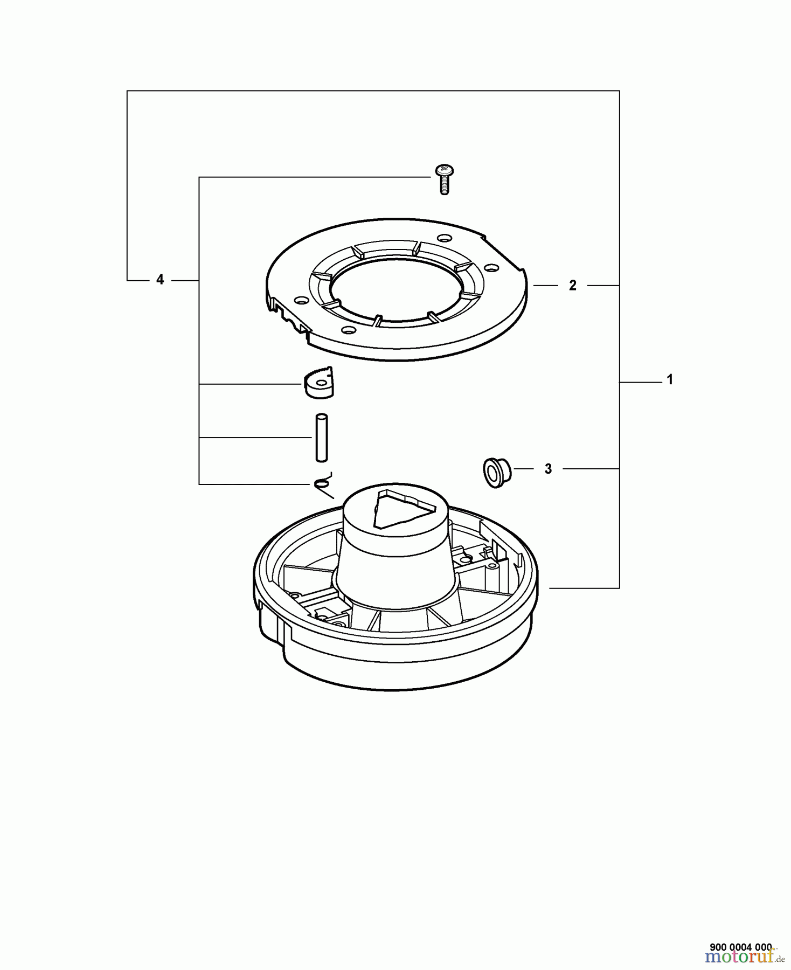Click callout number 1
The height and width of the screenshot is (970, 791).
pos(670,380)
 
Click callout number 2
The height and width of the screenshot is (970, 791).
pos(572,286)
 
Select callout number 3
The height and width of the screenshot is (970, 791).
pos(548,469)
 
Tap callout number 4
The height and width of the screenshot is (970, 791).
pos(159,280)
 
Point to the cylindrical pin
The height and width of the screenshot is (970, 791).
pos(321,437)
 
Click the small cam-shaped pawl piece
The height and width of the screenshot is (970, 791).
pos(318,383)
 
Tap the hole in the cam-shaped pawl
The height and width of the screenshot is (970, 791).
pos(322,383)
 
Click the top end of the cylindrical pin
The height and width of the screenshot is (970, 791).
pos(322,417)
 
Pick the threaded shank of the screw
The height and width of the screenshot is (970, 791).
pos(445,186)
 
